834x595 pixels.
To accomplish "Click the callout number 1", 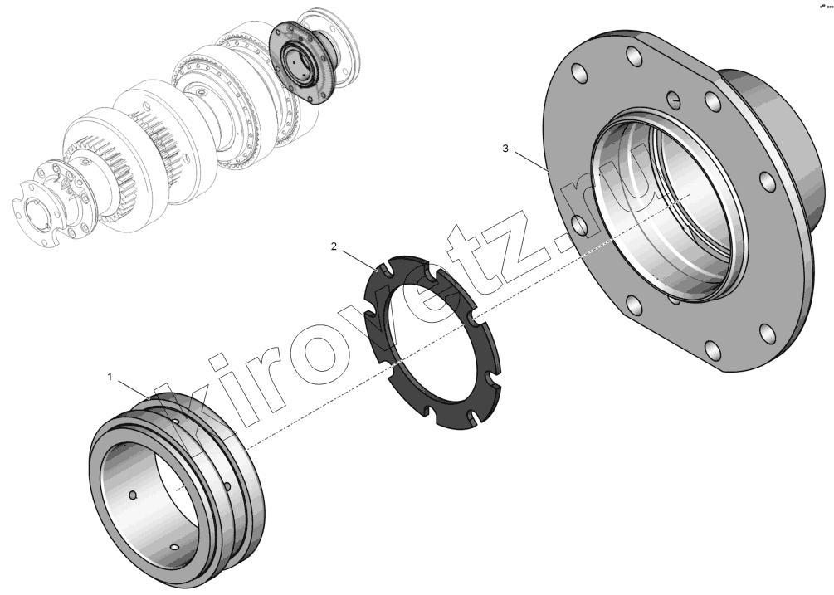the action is pyautogui.click(x=110, y=377).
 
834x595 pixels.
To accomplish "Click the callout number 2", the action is pyautogui.click(x=334, y=246).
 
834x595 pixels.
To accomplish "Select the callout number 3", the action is pyautogui.click(x=505, y=149).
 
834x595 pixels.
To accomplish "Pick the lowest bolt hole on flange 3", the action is pyautogui.click(x=712, y=351).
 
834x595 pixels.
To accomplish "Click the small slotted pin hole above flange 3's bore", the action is pyautogui.click(x=674, y=98).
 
